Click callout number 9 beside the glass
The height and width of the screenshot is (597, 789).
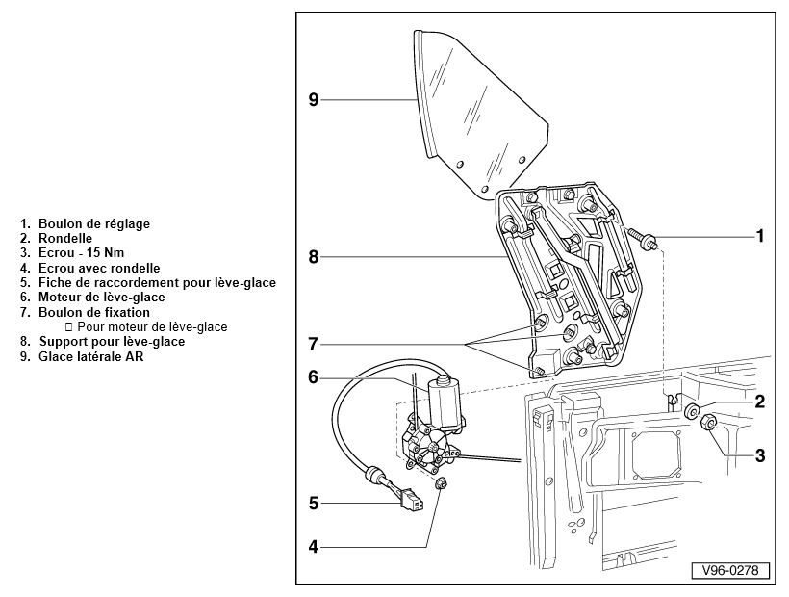(313, 99)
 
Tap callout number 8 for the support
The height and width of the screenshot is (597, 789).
(313, 257)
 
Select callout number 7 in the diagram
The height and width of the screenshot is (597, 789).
(313, 344)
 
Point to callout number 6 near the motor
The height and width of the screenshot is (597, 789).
(313, 376)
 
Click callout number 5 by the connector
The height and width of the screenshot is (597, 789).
(313, 502)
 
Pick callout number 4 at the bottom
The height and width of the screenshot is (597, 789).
(313, 547)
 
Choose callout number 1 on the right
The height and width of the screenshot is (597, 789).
(759, 235)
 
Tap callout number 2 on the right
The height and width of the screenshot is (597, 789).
(759, 402)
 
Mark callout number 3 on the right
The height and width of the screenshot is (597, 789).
(759, 455)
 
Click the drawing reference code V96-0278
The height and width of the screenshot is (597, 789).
(730, 570)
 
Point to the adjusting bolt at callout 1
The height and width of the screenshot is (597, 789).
(639, 237)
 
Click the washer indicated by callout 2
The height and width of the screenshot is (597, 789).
(692, 412)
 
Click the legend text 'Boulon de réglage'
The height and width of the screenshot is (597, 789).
(94, 224)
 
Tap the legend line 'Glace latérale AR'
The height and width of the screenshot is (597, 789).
(94, 357)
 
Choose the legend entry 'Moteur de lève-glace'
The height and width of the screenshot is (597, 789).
(101, 298)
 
